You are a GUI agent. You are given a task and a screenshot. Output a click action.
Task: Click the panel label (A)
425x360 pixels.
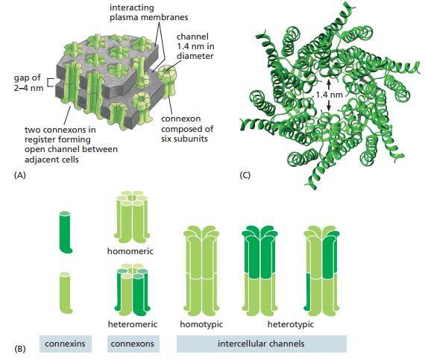click(x=20, y=175)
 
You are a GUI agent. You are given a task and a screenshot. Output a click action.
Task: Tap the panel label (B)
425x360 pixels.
click(x=20, y=348)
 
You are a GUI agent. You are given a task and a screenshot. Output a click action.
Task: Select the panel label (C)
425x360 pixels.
click(x=245, y=175)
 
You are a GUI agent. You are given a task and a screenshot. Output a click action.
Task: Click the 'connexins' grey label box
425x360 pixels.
click(x=66, y=344)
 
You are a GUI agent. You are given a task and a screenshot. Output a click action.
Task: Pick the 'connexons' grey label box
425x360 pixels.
click(x=133, y=344)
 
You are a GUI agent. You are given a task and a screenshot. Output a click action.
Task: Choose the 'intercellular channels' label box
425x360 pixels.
click(x=262, y=344)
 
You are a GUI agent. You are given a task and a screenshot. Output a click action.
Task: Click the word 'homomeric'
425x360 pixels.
click(x=130, y=251)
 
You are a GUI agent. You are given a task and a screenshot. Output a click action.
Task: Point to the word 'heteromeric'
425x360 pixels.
click(x=133, y=324)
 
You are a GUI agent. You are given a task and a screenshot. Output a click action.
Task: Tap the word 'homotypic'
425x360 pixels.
click(x=201, y=324)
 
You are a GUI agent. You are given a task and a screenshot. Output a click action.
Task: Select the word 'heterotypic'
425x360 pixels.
click(x=291, y=324)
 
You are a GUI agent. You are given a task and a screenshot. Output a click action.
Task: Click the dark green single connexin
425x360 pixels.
click(x=66, y=233)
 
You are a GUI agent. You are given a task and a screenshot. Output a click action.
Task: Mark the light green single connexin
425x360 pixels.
click(x=66, y=293)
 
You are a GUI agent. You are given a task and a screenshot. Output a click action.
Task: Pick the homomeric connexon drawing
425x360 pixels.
click(x=133, y=218)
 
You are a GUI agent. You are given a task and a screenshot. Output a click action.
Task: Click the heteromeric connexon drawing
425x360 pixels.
click(x=133, y=290)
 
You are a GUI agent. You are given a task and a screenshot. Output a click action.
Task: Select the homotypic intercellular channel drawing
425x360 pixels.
click(x=201, y=271)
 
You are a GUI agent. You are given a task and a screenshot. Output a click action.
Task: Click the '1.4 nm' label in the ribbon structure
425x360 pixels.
click(x=329, y=95)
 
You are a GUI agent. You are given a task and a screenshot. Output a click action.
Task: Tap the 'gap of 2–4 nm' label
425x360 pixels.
click(x=28, y=83)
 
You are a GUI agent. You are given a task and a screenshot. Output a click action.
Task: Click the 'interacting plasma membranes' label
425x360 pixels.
click(x=148, y=13)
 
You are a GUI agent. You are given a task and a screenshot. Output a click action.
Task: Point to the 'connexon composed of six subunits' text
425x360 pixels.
click(x=187, y=129)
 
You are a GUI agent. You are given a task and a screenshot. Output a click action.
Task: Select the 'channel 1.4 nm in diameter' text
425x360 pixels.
click(x=195, y=46)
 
